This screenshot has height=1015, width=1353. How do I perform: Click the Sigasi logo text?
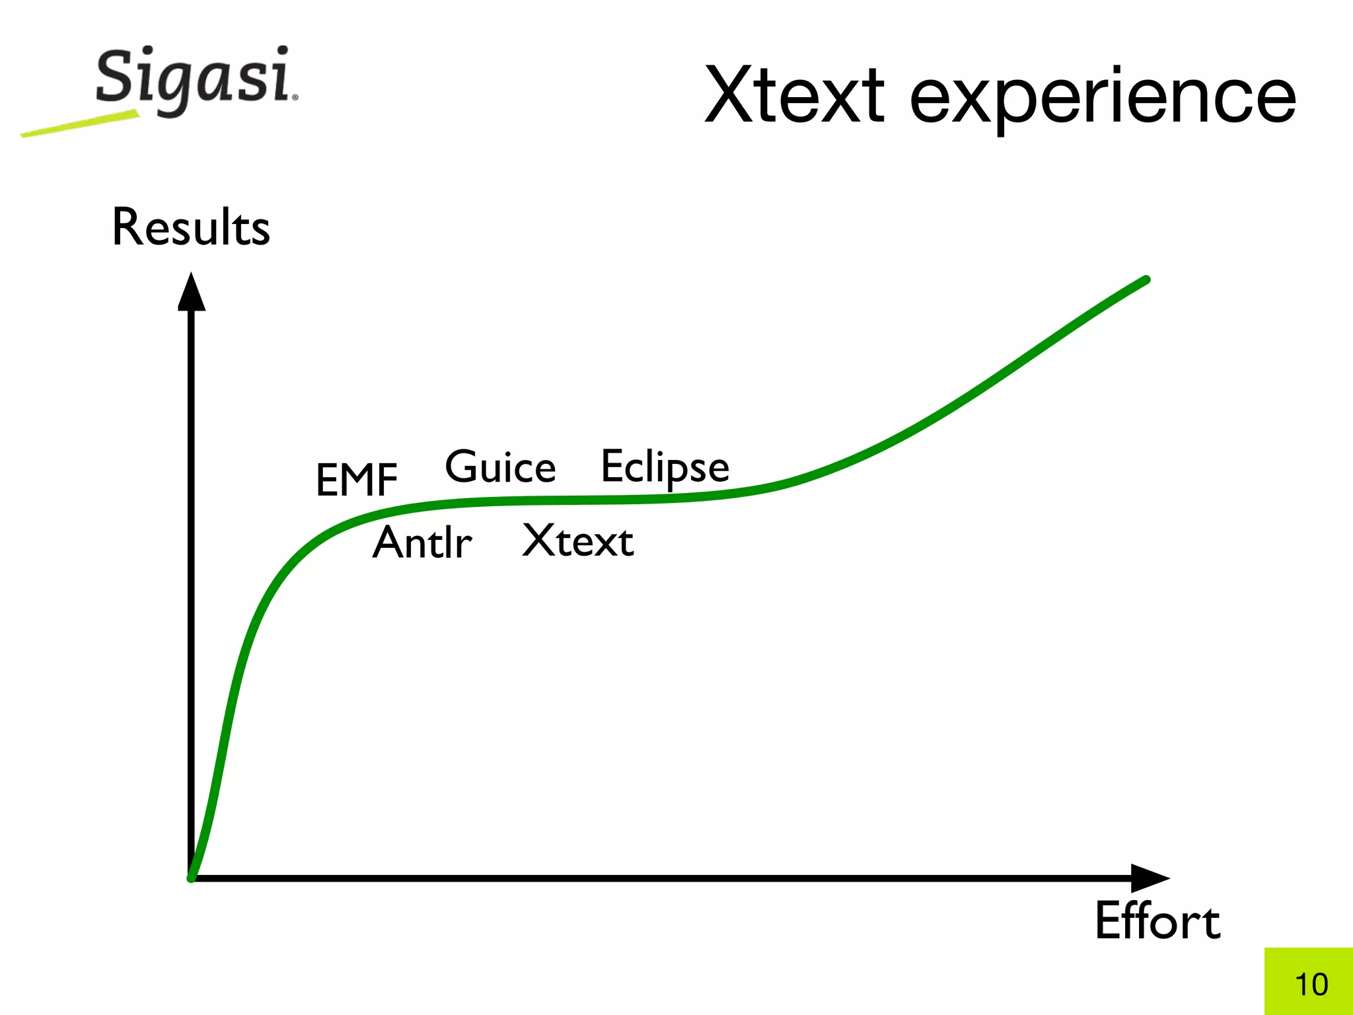[194, 79]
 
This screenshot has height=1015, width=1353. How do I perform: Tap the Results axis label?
[191, 227]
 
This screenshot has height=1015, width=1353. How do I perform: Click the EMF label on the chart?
[357, 480]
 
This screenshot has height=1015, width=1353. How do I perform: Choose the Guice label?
[500, 467]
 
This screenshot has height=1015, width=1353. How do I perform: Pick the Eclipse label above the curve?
[665, 468]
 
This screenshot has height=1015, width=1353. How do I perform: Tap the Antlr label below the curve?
[422, 543]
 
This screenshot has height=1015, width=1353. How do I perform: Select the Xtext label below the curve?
[578, 541]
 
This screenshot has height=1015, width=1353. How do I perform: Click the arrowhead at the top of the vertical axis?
[192, 293]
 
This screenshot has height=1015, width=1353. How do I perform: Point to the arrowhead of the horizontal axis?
[1149, 878]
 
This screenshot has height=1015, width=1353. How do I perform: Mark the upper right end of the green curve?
[1146, 280]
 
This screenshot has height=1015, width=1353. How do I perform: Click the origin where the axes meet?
[192, 878]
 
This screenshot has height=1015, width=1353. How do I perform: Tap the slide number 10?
[1311, 984]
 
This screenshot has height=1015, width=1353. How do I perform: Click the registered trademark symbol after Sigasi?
[295, 97]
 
